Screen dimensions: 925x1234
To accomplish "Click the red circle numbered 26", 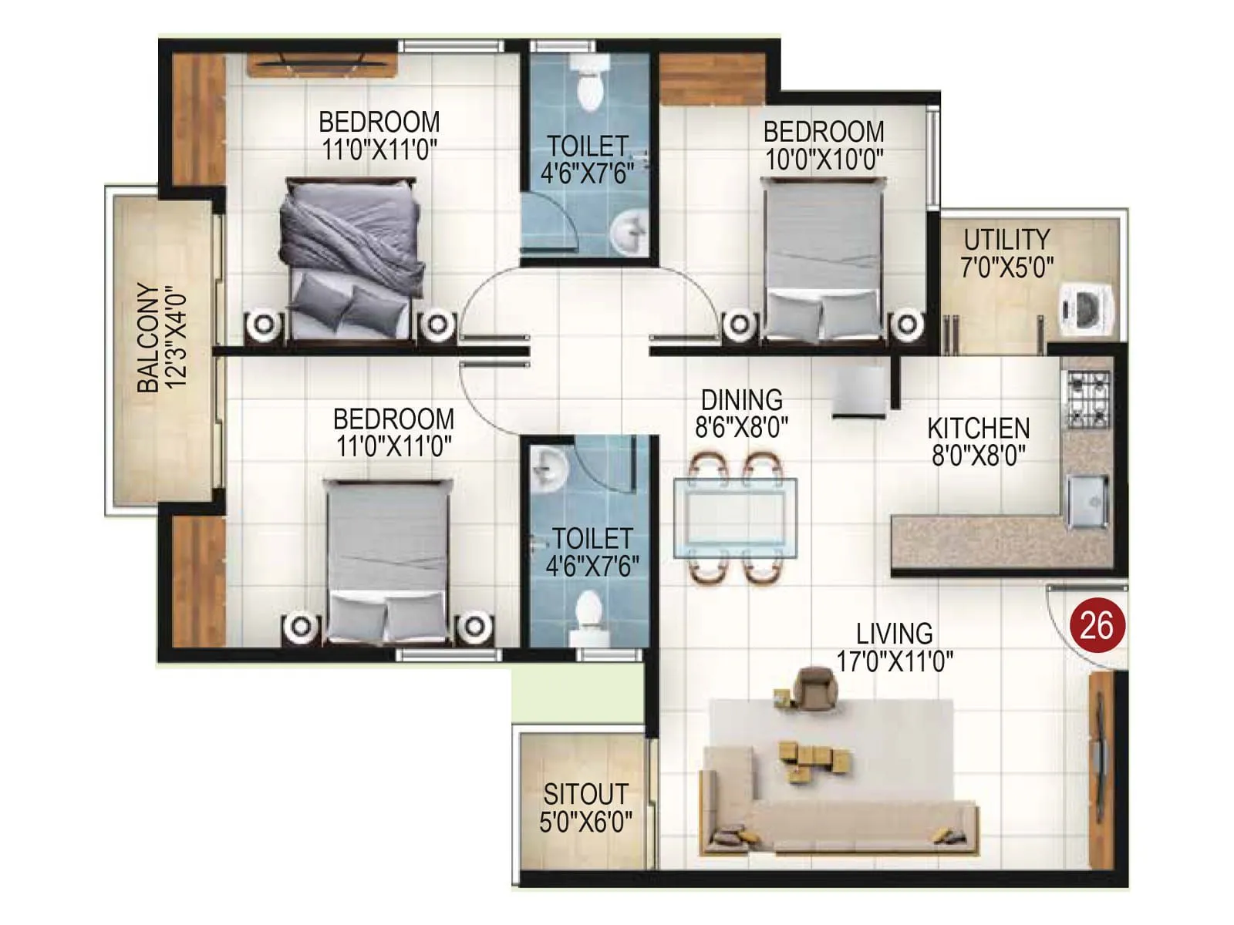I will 1096,625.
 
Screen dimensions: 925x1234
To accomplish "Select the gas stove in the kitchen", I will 1087,399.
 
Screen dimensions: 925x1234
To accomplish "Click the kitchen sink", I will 1088,500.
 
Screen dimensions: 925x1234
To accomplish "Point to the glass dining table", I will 736,516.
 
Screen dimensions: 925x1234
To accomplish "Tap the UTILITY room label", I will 1006,239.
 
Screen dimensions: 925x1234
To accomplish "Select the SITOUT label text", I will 585,794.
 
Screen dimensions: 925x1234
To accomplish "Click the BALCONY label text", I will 150,339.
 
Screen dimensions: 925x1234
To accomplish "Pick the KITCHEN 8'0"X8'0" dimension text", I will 978,456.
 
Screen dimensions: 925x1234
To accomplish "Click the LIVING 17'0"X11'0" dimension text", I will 895,661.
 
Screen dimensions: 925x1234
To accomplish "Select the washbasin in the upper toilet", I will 630,230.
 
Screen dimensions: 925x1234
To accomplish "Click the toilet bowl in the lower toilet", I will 590,614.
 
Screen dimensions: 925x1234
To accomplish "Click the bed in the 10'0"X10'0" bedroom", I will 823,258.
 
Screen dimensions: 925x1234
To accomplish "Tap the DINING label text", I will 741,399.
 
